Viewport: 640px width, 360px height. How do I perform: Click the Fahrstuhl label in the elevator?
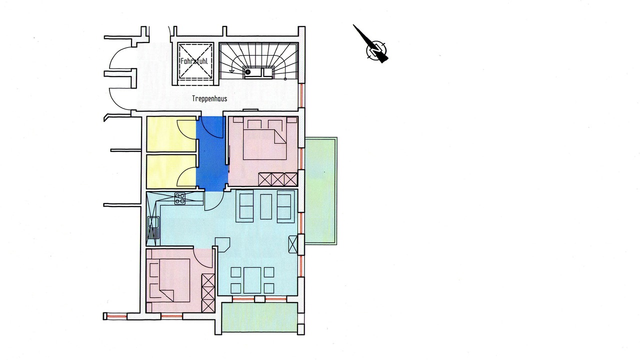point(194,61)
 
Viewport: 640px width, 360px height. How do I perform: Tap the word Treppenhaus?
point(209,99)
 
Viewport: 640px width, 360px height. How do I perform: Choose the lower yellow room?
point(171,171)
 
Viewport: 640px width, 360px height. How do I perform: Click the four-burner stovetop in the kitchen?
point(180,198)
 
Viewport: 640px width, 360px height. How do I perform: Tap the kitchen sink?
point(153,227)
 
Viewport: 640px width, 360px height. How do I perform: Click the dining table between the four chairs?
point(252,280)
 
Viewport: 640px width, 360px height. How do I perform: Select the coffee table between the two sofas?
point(266,206)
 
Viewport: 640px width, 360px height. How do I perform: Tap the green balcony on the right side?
point(321,191)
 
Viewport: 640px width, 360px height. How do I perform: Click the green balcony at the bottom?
point(259,317)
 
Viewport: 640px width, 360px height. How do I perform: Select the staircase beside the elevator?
point(259,60)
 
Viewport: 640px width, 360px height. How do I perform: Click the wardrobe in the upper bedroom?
point(278,179)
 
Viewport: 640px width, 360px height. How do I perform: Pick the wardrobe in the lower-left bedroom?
point(208,293)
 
